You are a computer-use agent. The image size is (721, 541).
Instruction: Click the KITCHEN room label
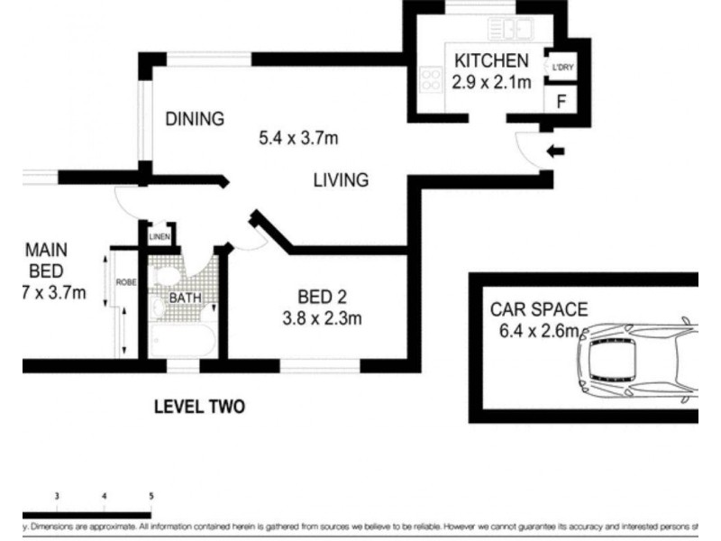pyautogui.click(x=490, y=61)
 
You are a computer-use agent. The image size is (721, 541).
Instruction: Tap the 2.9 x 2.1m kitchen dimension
pyautogui.click(x=490, y=82)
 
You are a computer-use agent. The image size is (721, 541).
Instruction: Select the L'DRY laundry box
pyautogui.click(x=561, y=67)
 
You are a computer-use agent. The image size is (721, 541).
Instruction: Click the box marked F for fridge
pyautogui.click(x=561, y=101)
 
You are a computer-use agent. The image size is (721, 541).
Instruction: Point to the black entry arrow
pyautogui.click(x=556, y=151)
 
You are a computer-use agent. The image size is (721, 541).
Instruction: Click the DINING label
pyautogui.click(x=194, y=119)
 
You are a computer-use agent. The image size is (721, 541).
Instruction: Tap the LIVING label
pyautogui.click(x=341, y=180)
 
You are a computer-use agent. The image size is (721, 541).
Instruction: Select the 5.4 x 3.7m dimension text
pyautogui.click(x=298, y=139)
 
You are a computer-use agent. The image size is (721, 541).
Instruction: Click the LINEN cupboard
pyautogui.click(x=160, y=237)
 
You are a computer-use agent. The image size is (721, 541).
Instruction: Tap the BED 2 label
pyautogui.click(x=323, y=297)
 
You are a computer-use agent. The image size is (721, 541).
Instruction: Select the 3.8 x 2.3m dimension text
pyautogui.click(x=323, y=317)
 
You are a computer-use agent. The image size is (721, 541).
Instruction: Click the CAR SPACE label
pyautogui.click(x=539, y=310)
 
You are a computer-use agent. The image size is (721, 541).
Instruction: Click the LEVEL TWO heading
pyautogui.click(x=199, y=407)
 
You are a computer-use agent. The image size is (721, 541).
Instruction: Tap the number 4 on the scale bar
pyautogui.click(x=105, y=496)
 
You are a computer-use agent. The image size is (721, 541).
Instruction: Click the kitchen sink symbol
pyautogui.click(x=510, y=30)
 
